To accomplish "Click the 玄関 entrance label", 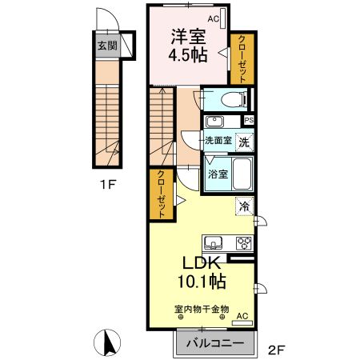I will tap(106, 46).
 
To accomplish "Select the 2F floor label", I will tap(276, 348).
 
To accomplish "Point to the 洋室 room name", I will tap(186, 37).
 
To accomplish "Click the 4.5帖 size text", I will tap(186, 57).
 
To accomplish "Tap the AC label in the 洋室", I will tap(213, 18).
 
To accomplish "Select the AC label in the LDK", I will tap(242, 316).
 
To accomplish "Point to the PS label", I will tap(249, 121).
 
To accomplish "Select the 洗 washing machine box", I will tap(245, 141).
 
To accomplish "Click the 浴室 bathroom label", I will tap(217, 173).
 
